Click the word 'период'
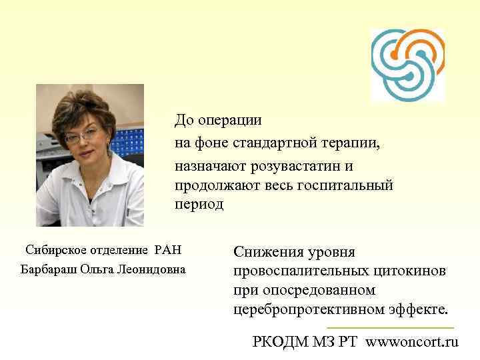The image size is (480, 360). point(199,205)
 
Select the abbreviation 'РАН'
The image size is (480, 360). point(167,251)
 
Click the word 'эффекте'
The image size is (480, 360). point(421,311)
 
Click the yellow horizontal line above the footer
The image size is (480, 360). point(390,328)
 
